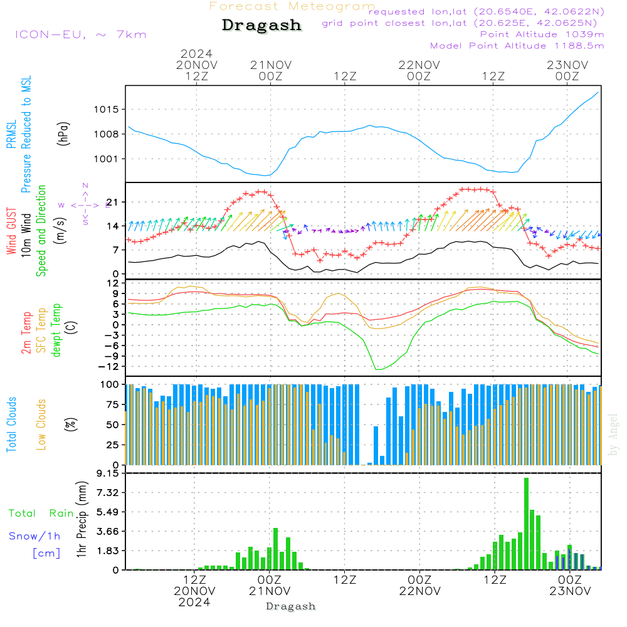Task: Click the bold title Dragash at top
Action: point(261,25)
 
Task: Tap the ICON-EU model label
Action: point(80,34)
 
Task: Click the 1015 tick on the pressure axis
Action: point(107,109)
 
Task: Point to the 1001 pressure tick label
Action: point(107,159)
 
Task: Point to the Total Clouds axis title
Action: point(11,424)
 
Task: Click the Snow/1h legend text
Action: point(35,536)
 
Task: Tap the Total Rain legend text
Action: point(41,514)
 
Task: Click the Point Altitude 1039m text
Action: point(542,34)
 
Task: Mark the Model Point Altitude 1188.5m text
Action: point(517,46)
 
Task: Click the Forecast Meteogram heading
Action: point(292,6)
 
